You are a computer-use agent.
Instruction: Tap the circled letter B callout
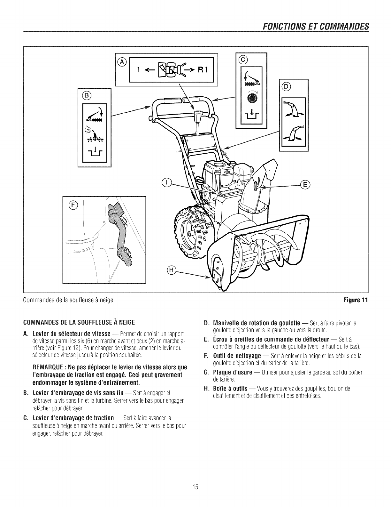pyautogui.click(x=86, y=95)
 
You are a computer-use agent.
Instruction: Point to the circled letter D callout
pyautogui.click(x=286, y=86)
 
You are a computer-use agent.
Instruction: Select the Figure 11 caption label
pyautogui.click(x=359, y=300)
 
